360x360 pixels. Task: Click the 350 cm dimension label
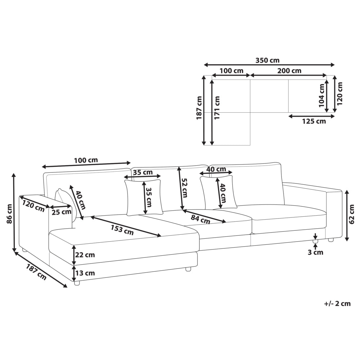(x=267, y=60)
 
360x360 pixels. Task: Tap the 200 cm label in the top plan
(x=289, y=71)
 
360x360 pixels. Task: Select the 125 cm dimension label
(x=314, y=121)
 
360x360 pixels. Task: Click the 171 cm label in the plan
(x=217, y=107)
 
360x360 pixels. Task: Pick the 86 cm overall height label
(x=10, y=214)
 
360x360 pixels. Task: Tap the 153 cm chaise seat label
(x=122, y=230)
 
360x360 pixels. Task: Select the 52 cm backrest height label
(x=184, y=188)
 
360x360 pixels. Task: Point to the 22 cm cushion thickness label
(x=85, y=255)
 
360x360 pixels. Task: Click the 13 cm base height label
(x=85, y=273)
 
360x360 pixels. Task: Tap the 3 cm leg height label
(x=315, y=253)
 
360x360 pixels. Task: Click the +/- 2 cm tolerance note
(x=338, y=304)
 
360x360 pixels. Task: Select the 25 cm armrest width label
(x=61, y=212)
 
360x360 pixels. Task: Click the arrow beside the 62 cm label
(x=347, y=215)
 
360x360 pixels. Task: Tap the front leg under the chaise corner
(x=77, y=283)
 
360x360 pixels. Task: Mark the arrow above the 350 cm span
(x=269, y=65)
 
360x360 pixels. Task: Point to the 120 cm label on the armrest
(x=33, y=206)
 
